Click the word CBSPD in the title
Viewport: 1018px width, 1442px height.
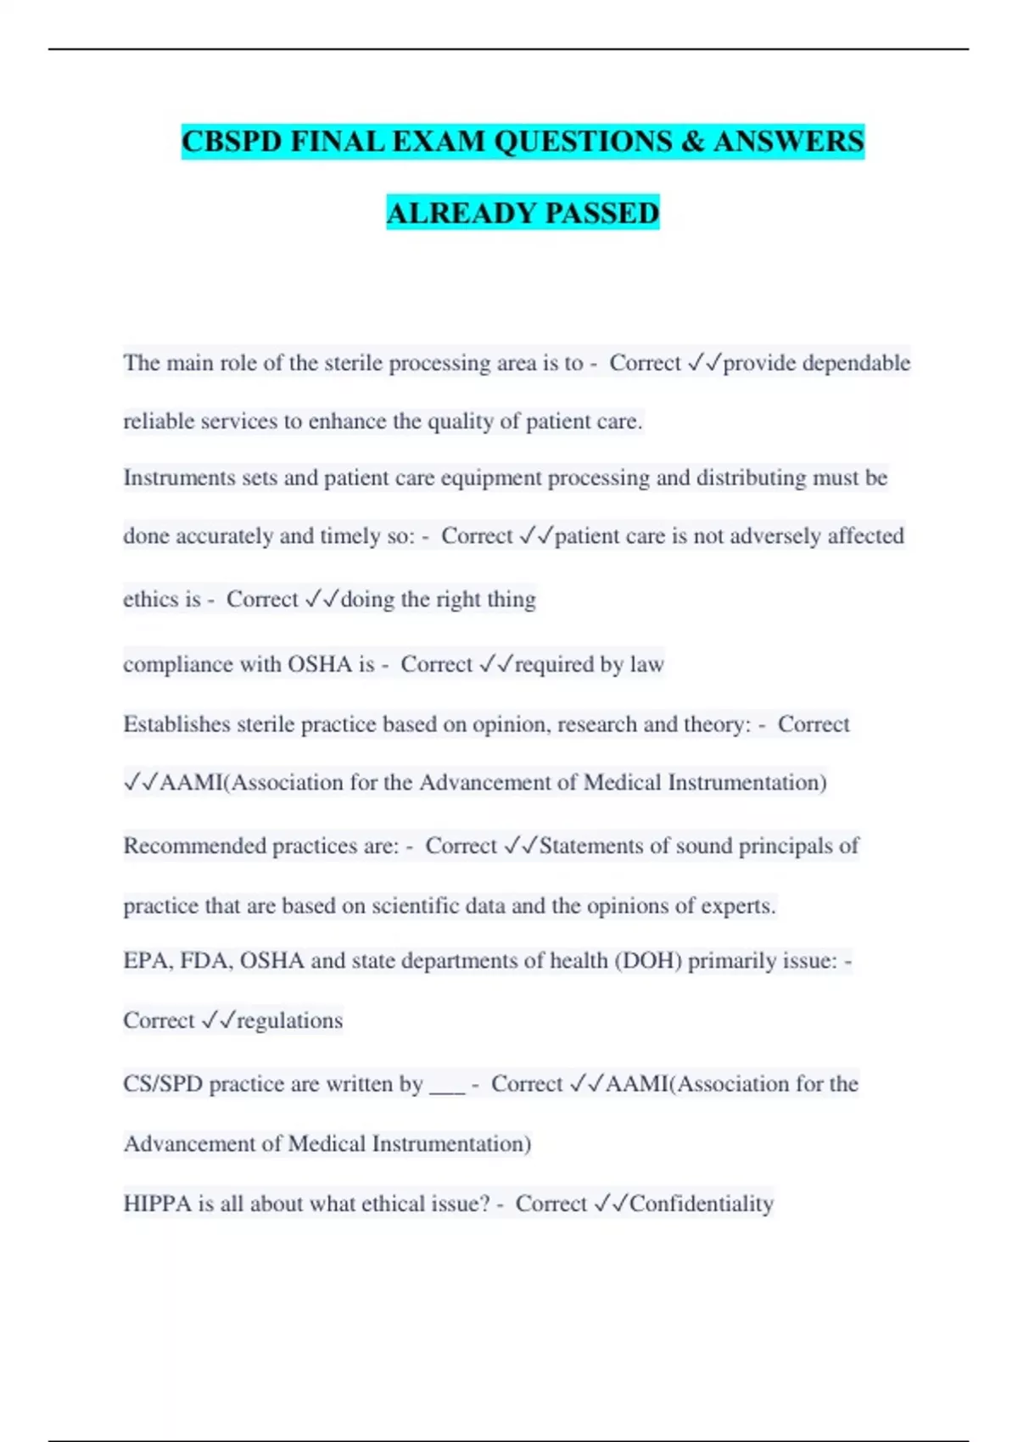click(x=232, y=142)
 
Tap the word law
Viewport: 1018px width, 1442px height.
click(x=646, y=664)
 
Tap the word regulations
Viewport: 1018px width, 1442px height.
click(x=289, y=1020)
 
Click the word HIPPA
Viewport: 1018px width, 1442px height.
click(x=157, y=1204)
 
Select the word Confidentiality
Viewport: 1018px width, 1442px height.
click(x=702, y=1204)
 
